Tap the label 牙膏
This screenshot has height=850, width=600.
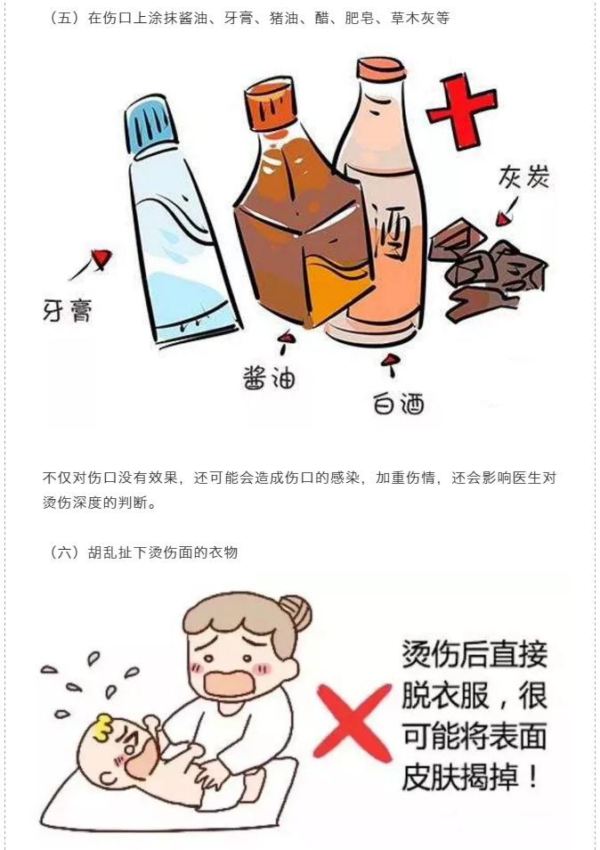pyautogui.click(x=68, y=312)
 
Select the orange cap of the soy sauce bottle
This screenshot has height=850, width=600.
pyautogui.click(x=272, y=104)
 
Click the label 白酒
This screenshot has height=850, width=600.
pyautogui.click(x=399, y=404)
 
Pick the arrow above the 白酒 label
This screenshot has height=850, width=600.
pyautogui.click(x=389, y=364)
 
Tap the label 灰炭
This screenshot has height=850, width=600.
pyautogui.click(x=523, y=177)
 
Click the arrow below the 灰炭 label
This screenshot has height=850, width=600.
pyautogui.click(x=507, y=211)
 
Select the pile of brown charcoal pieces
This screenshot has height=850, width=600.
pyautogui.click(x=487, y=269)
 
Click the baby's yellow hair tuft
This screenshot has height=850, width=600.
pyautogui.click(x=104, y=726)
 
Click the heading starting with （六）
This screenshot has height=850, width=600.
pyautogui.click(x=143, y=552)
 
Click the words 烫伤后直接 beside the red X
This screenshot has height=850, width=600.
pyautogui.click(x=474, y=654)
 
